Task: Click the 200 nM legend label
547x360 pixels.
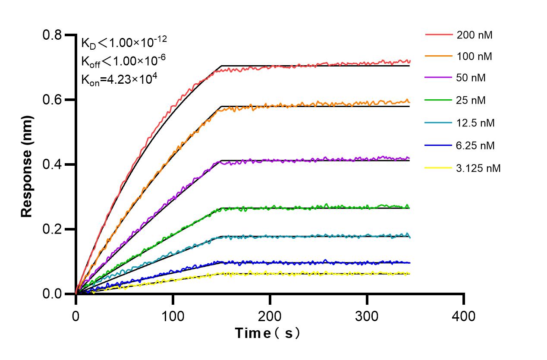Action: (x=475, y=35)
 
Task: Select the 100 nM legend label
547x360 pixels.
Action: (x=475, y=56)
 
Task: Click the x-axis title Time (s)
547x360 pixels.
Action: (x=267, y=333)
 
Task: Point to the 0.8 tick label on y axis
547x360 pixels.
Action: (x=52, y=35)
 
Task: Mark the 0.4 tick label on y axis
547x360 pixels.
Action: (x=52, y=164)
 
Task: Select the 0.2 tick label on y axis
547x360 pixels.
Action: (x=52, y=229)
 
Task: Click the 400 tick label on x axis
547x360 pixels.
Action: (x=464, y=316)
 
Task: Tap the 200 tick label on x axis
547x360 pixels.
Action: (x=270, y=316)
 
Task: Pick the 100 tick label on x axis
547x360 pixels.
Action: (x=173, y=316)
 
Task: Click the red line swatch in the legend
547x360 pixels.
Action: (x=439, y=34)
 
